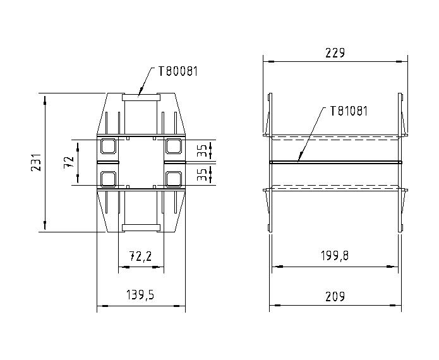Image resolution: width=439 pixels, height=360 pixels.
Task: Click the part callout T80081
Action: pyautogui.click(x=177, y=71)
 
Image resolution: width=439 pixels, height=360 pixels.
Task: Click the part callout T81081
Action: pyautogui.click(x=348, y=111)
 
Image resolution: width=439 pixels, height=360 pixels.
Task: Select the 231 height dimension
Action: pyautogui.click(x=36, y=162)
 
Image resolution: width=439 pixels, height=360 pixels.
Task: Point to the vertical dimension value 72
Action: pyautogui.click(x=68, y=162)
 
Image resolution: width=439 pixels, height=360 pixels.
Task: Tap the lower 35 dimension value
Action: pyautogui.click(x=201, y=174)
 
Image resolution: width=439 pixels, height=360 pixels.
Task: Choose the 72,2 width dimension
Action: pyautogui.click(x=141, y=256)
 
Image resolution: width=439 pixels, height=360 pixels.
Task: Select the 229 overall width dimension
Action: pyautogui.click(x=334, y=53)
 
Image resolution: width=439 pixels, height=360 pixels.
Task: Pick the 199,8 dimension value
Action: pyautogui.click(x=335, y=256)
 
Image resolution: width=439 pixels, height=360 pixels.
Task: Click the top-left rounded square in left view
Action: pyautogui.click(x=109, y=147)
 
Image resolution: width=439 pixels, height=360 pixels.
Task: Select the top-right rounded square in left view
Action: pyautogui.click(x=173, y=147)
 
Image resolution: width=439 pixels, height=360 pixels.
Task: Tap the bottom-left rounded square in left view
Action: pyautogui.click(x=109, y=179)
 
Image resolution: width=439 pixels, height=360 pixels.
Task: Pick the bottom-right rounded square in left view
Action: pyautogui.click(x=173, y=179)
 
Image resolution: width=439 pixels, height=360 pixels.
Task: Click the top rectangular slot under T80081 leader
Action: pyautogui.click(x=141, y=97)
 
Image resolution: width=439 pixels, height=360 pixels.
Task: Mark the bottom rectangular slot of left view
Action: pyautogui.click(x=141, y=227)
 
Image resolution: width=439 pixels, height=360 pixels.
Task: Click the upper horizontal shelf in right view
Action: pyautogui.click(x=335, y=136)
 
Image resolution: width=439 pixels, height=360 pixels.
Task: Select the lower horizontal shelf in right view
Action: pyautogui.click(x=335, y=188)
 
